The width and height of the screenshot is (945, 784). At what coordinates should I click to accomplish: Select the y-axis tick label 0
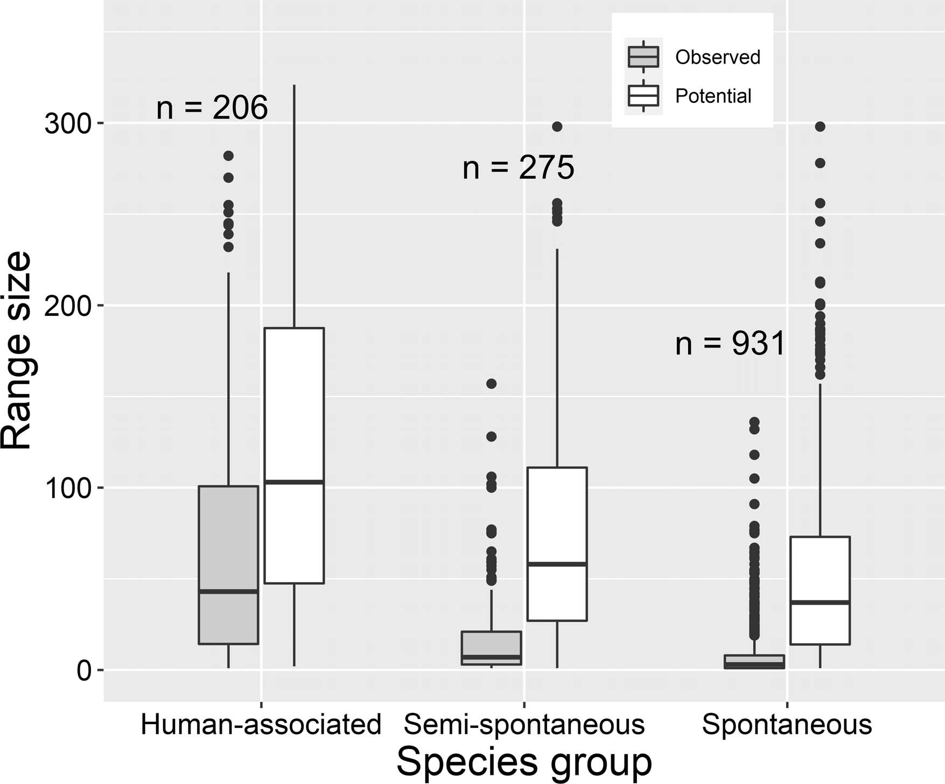pos(83,671)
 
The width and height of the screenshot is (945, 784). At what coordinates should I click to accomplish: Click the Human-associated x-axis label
pos(261,724)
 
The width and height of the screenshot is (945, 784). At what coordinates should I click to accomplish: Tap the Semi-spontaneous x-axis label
pos(524,724)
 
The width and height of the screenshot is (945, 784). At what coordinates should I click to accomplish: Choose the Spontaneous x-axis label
pos(787,724)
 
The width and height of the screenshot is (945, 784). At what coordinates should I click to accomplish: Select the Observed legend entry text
pos(717,57)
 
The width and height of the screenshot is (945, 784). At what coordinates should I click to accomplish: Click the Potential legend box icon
pos(643,96)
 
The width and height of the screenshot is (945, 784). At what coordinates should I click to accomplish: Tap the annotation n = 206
pos(212,107)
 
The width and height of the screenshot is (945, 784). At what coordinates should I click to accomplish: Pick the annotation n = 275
pos(518,168)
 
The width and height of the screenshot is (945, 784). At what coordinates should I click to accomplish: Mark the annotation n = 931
pos(730,343)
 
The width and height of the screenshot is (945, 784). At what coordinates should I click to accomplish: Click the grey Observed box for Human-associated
pos(228,539)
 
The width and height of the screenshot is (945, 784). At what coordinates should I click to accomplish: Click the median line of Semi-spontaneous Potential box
pos(557,564)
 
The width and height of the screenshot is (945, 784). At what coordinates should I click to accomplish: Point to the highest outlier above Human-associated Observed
pos(228,156)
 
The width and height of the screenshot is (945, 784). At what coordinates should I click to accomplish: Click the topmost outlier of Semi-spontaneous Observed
pos(491,384)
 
